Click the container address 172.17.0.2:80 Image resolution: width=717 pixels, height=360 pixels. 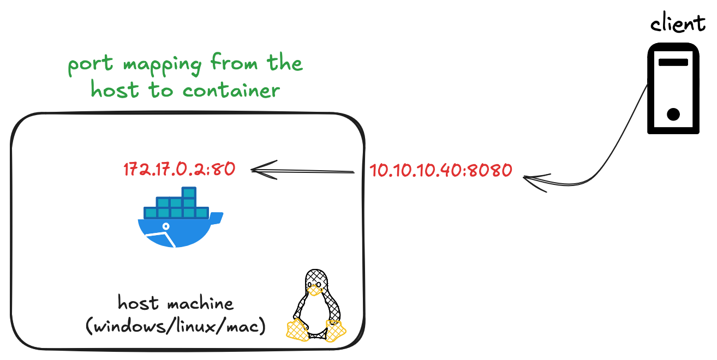(179, 170)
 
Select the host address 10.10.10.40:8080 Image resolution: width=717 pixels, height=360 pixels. (441, 170)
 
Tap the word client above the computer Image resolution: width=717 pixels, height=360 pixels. (677, 24)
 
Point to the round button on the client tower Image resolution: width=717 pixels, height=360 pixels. (673, 115)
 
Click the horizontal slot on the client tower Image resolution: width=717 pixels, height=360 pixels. (673, 62)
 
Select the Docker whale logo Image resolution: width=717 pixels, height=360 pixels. (180, 218)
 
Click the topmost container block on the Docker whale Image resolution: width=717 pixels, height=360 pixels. (189, 193)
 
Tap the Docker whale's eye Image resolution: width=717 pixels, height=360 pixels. (166, 226)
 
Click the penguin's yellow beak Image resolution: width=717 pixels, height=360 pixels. (314, 292)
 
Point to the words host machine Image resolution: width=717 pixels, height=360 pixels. (175, 303)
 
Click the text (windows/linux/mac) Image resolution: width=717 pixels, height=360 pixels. (176, 327)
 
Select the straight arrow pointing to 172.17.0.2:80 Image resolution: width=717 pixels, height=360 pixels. (303, 171)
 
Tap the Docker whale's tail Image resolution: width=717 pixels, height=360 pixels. (216, 218)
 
